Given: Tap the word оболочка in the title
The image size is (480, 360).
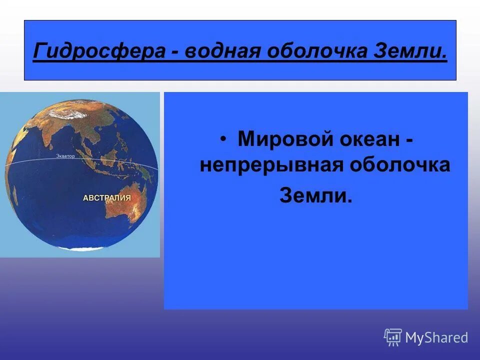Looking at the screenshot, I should (x=317, y=51).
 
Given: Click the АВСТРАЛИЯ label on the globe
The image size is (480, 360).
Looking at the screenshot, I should (x=106, y=198).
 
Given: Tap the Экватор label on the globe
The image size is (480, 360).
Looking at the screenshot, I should (x=65, y=156).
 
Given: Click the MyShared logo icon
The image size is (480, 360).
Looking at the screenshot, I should (x=393, y=337).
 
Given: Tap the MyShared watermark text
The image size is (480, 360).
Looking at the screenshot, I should (x=436, y=338).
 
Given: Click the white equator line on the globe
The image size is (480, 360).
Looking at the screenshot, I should (x=30, y=161).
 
